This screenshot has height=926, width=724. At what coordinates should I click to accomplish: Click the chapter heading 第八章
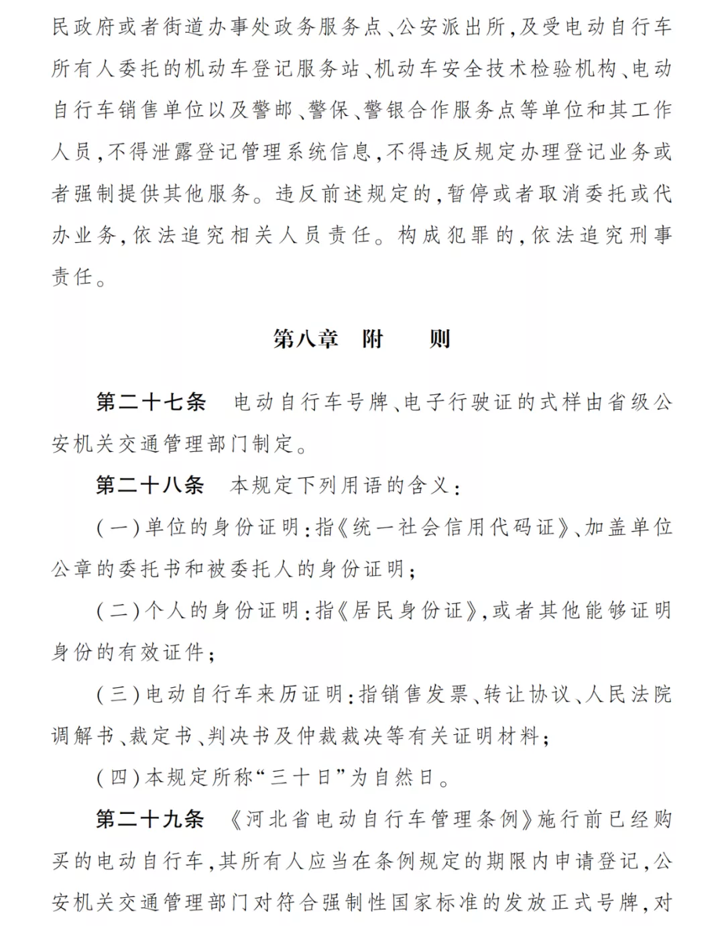point(305,339)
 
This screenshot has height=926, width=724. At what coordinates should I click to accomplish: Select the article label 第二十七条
point(151,402)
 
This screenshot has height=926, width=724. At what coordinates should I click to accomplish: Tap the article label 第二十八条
point(150,485)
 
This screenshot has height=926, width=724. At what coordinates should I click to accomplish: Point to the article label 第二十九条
point(150,819)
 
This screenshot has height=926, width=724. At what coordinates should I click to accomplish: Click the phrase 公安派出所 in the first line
point(451,27)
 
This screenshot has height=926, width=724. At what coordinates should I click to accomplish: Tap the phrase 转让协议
point(526,694)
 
